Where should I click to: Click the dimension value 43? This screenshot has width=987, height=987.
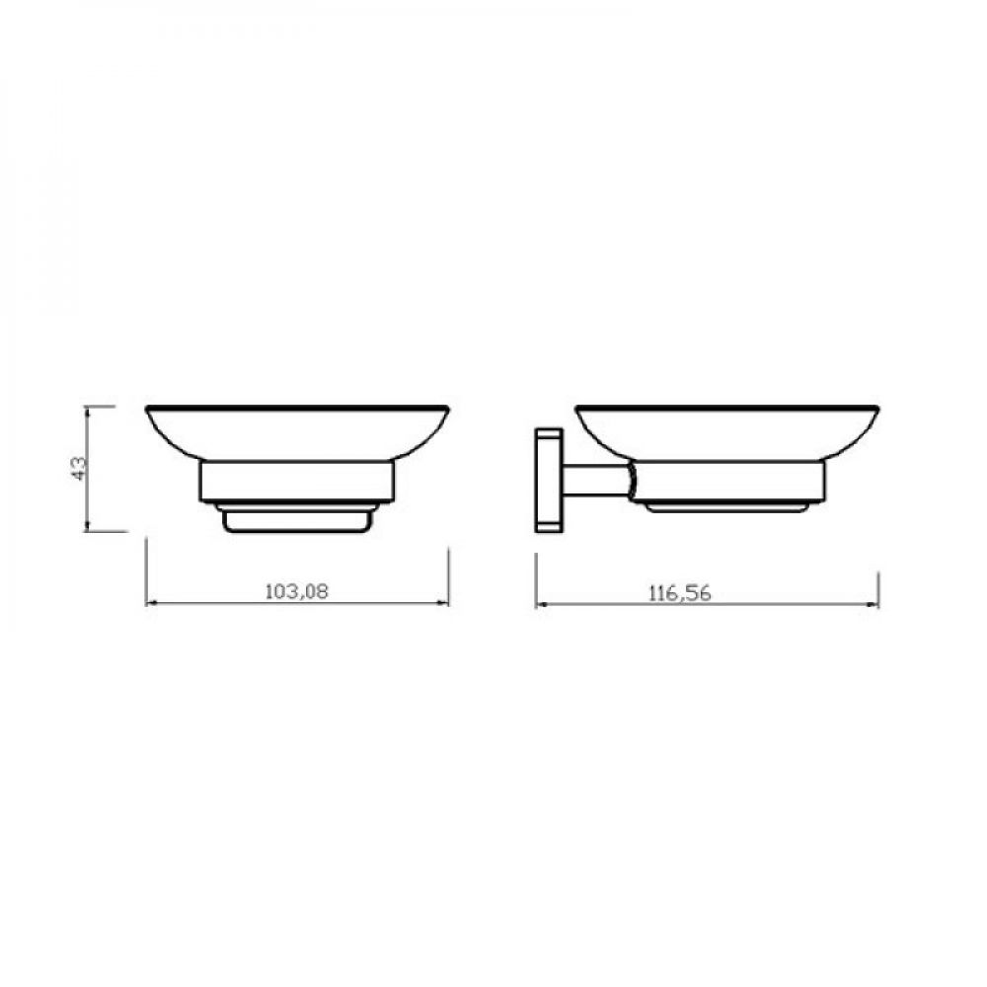pyautogui.click(x=79, y=468)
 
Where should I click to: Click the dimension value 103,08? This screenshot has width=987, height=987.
pyautogui.click(x=296, y=591)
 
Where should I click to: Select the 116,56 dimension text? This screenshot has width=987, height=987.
pyautogui.click(x=680, y=593)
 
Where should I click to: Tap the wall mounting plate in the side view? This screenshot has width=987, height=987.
pyautogui.click(x=548, y=481)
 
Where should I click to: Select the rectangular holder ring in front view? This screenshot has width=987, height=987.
pyautogui.click(x=296, y=482)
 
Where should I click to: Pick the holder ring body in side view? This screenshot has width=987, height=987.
pyautogui.click(x=726, y=482)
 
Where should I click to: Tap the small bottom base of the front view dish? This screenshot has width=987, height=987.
pyautogui.click(x=298, y=520)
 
